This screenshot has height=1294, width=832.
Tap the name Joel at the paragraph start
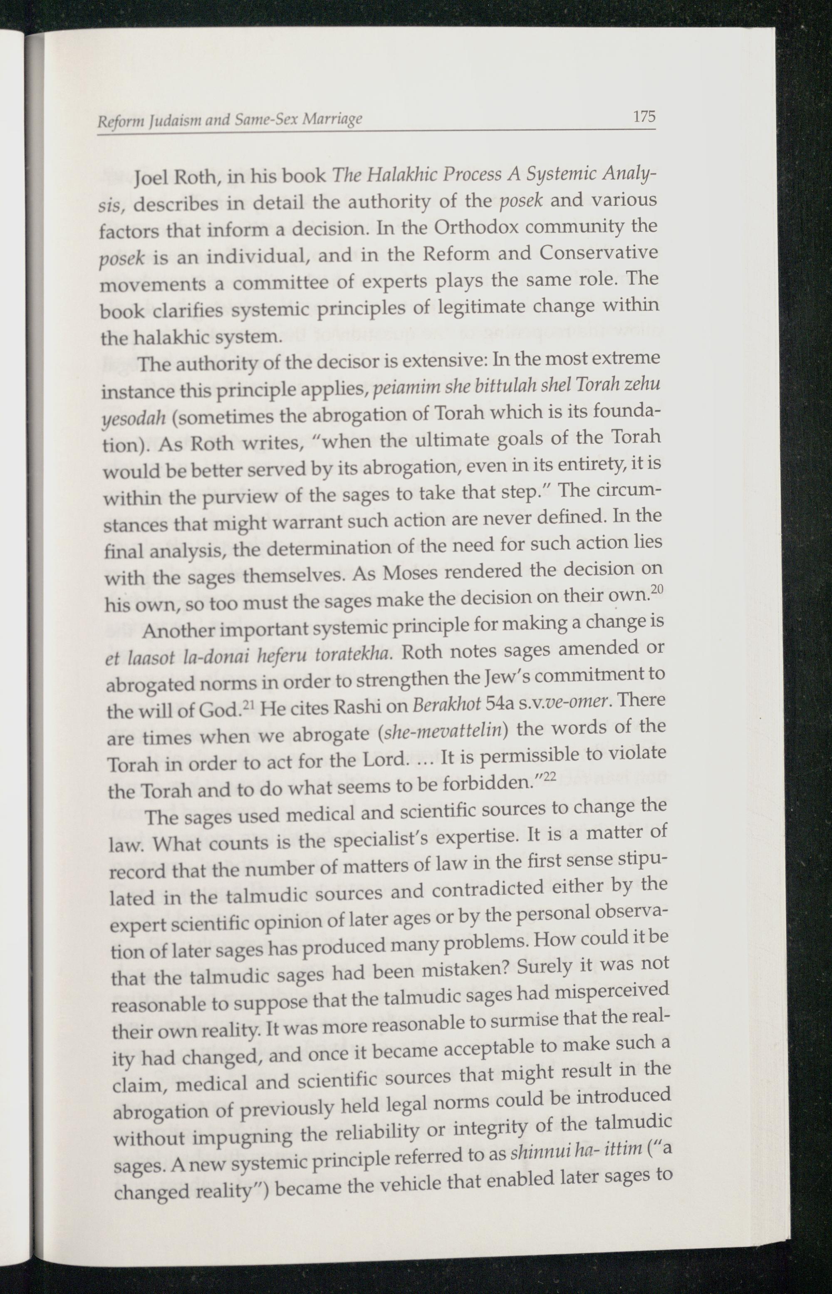[x=153, y=177]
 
